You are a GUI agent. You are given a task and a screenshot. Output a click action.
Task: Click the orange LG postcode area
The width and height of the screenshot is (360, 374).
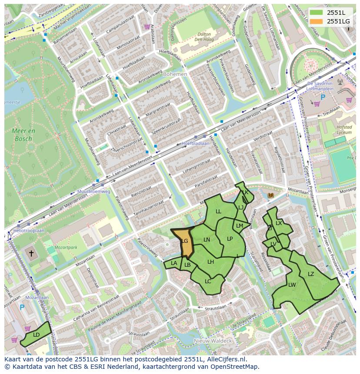pyautogui.click(x=185, y=242)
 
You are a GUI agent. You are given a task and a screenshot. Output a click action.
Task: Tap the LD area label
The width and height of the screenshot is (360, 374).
pyautogui.click(x=37, y=334)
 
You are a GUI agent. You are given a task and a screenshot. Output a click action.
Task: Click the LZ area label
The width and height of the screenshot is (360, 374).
pyautogui.click(x=311, y=274)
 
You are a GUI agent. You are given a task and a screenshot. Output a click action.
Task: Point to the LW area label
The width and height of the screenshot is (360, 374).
pyautogui.click(x=292, y=285)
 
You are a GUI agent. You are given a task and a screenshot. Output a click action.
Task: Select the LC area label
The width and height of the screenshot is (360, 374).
pyautogui.click(x=208, y=281)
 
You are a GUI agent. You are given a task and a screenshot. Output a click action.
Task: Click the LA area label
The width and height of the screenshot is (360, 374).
pyautogui.click(x=174, y=263)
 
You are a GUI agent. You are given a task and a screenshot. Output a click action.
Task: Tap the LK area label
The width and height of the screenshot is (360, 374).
pyautogui.click(x=245, y=192)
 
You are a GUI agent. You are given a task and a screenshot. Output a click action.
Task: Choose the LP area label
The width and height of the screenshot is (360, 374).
pyautogui.click(x=230, y=238)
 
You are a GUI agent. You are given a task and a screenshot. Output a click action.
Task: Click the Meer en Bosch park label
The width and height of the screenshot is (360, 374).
pyautogui.click(x=24, y=135)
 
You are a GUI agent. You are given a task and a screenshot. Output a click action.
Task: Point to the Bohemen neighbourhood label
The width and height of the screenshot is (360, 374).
pyautogui.click(x=175, y=74)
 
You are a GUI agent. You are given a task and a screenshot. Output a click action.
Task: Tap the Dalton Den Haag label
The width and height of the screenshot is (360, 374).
pyautogui.click(x=201, y=37)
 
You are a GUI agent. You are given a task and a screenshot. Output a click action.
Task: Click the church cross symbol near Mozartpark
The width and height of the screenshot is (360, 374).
pyautogui.click(x=31, y=253)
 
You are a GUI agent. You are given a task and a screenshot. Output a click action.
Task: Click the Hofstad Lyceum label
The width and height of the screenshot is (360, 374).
pyautogui.click(x=344, y=130)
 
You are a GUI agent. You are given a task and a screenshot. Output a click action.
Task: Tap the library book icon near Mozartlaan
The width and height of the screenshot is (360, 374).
pyautogui.click(x=271, y=196)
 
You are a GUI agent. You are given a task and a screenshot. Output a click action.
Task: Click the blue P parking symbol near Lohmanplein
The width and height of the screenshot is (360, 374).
pyautogui.click(x=323, y=97)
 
